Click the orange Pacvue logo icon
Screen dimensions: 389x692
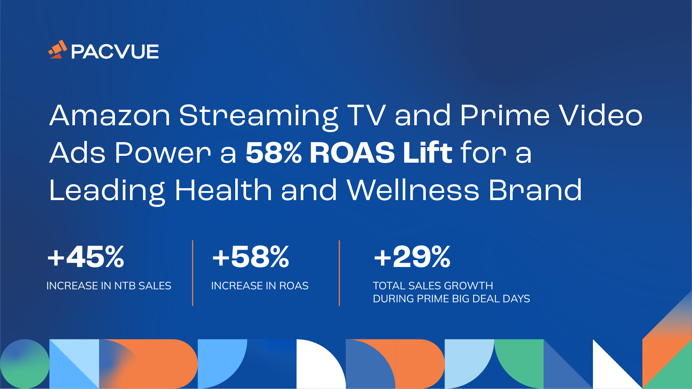pyautogui.click(x=58, y=50)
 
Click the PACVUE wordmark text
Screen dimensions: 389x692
pyautogui.click(x=115, y=51)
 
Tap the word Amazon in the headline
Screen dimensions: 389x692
pyautogui.click(x=110, y=116)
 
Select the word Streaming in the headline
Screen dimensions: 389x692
pyautogui.click(x=258, y=116)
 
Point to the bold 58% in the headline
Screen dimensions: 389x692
pyautogui.click(x=273, y=153)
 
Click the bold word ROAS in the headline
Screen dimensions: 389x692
pyautogui.click(x=352, y=153)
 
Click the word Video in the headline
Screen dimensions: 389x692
pyautogui.click(x=601, y=116)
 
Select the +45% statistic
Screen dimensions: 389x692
pyautogui.click(x=86, y=257)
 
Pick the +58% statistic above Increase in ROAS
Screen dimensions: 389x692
pyautogui.click(x=251, y=257)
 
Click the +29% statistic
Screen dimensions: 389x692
pyautogui.click(x=412, y=257)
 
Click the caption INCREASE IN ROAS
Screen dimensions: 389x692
pyautogui.click(x=260, y=286)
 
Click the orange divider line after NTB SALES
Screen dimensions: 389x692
pyautogui.click(x=193, y=273)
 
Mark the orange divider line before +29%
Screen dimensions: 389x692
pyautogui.click(x=339, y=273)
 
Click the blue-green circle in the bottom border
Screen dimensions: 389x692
pyautogui.click(x=24, y=364)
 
